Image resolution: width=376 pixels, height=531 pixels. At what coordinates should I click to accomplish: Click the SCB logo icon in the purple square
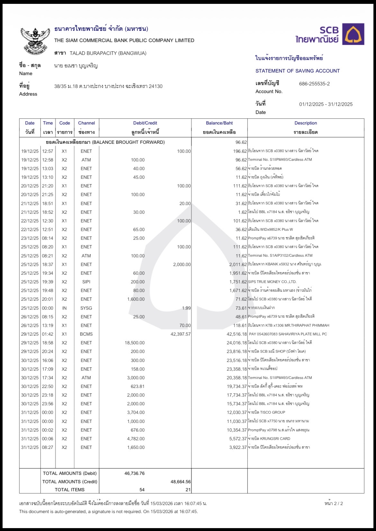tap(353, 34)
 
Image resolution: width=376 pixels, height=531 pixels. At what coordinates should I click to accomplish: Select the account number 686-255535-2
tap(314, 84)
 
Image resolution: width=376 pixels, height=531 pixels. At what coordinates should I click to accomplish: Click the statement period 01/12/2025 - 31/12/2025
tap(326, 104)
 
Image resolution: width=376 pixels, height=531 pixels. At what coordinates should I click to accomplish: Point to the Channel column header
tap(86, 123)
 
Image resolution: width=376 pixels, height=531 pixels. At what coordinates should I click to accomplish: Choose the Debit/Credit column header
tap(145, 123)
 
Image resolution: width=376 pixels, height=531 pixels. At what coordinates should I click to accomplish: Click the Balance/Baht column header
tap(219, 123)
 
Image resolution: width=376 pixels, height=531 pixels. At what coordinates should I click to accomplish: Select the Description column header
tap(306, 123)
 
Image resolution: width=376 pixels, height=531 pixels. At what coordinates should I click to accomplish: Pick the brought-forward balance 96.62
tap(241, 142)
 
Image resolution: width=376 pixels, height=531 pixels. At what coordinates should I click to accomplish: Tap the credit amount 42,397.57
tap(181, 334)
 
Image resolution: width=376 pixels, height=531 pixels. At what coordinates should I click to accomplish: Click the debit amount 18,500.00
tap(135, 343)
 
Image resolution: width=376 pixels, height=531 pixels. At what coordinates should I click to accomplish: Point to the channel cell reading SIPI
tap(86, 282)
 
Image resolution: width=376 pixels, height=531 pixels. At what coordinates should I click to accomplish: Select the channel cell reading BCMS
tap(86, 334)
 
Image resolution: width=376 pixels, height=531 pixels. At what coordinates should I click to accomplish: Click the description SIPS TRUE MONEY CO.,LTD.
tap(272, 282)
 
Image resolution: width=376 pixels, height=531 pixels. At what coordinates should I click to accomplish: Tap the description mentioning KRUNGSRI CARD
tap(269, 439)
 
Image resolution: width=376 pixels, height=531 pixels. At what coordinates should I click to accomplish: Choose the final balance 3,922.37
tap(238, 447)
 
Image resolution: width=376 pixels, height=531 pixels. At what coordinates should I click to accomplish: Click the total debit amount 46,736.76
tap(134, 473)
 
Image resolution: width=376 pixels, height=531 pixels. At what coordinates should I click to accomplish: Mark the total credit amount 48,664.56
tap(180, 482)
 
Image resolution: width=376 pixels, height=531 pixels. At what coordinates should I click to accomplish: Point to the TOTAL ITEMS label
tap(70, 490)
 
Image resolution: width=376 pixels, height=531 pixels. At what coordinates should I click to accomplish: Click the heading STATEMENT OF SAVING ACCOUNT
tap(298, 71)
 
